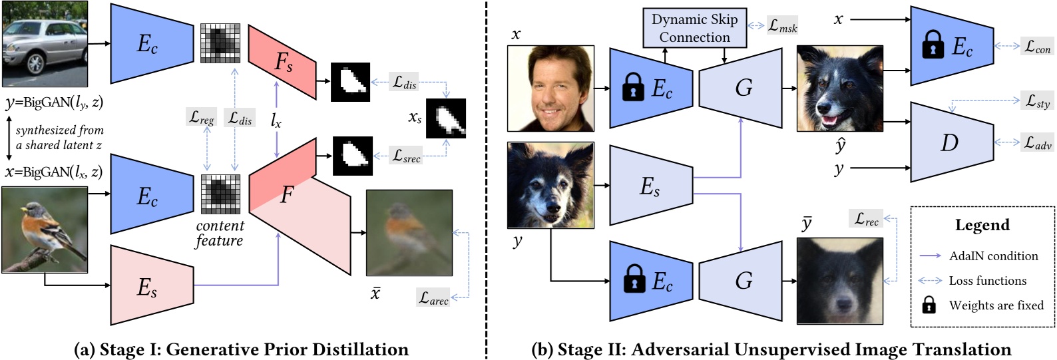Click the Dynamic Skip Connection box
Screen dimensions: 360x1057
coord(694,28)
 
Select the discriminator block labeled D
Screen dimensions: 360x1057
coord(951,142)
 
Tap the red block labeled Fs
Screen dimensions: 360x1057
coord(282,63)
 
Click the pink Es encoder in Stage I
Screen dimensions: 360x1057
coord(150,286)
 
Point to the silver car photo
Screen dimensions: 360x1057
coord(45,44)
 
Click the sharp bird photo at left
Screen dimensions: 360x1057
coord(45,230)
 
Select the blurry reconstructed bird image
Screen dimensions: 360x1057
coord(409,232)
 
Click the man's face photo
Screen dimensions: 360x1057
coord(550,89)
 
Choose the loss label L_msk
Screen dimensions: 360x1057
coord(782,26)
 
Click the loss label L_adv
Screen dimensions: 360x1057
coord(1037,142)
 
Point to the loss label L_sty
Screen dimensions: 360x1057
coord(1037,101)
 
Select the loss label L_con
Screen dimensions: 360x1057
coord(1037,47)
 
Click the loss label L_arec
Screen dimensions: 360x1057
coord(433,297)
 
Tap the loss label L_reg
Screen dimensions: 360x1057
coord(202,118)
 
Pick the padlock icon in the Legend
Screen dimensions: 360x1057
coord(928,305)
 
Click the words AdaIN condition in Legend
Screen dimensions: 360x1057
coord(993,256)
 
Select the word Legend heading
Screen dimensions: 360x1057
coord(982,225)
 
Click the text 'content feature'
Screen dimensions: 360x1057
coord(220,234)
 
